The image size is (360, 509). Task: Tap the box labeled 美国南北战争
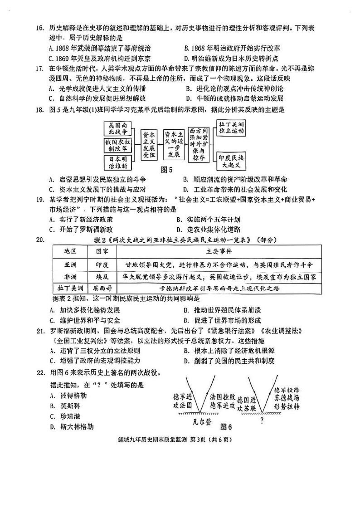[119, 129]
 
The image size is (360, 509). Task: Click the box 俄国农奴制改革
[119, 145]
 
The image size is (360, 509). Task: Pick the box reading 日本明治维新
[119, 162]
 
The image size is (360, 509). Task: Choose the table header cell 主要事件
[219, 250]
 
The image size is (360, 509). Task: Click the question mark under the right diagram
[262, 420]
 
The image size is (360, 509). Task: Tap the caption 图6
[226, 426]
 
